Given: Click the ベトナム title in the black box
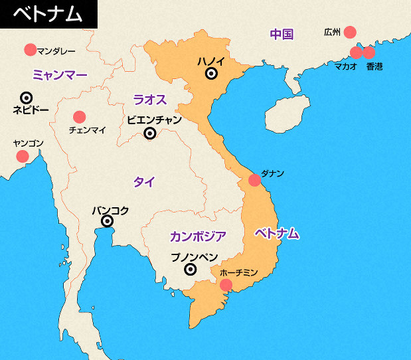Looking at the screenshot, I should click(x=47, y=14).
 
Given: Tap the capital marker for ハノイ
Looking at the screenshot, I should click(x=211, y=74).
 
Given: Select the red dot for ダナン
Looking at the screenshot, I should click(x=255, y=180).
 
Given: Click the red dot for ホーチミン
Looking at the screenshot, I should click(x=226, y=285).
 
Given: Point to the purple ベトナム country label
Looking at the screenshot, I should click(x=277, y=233).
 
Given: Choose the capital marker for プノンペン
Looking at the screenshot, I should click(x=191, y=269).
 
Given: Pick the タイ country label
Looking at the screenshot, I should click(x=144, y=182).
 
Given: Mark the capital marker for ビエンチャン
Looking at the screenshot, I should click(x=150, y=133).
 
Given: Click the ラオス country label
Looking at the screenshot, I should click(x=149, y=100).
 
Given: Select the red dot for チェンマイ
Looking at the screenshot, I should click(x=80, y=116).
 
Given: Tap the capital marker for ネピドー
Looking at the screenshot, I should click(x=27, y=98).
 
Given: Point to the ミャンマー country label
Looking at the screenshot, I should click(x=60, y=75).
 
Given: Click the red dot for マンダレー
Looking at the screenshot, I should click(x=30, y=49).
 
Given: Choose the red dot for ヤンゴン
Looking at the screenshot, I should click(x=23, y=156).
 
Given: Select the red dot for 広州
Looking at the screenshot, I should click(x=349, y=32).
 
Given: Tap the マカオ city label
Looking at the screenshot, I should click(x=345, y=66).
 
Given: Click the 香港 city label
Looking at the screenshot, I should click(x=374, y=66).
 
